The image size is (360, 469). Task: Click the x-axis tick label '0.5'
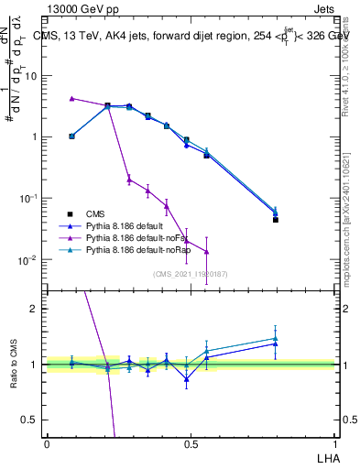click(191, 443)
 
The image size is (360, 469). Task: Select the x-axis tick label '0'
click(47, 443)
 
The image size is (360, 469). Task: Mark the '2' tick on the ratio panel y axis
click(36, 309)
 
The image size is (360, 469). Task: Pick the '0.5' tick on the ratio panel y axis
click(32, 420)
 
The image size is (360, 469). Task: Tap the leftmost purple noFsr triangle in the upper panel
click(71, 98)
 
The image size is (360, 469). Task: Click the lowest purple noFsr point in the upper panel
click(207, 252)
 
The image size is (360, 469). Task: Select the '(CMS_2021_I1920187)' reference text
click(191, 273)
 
